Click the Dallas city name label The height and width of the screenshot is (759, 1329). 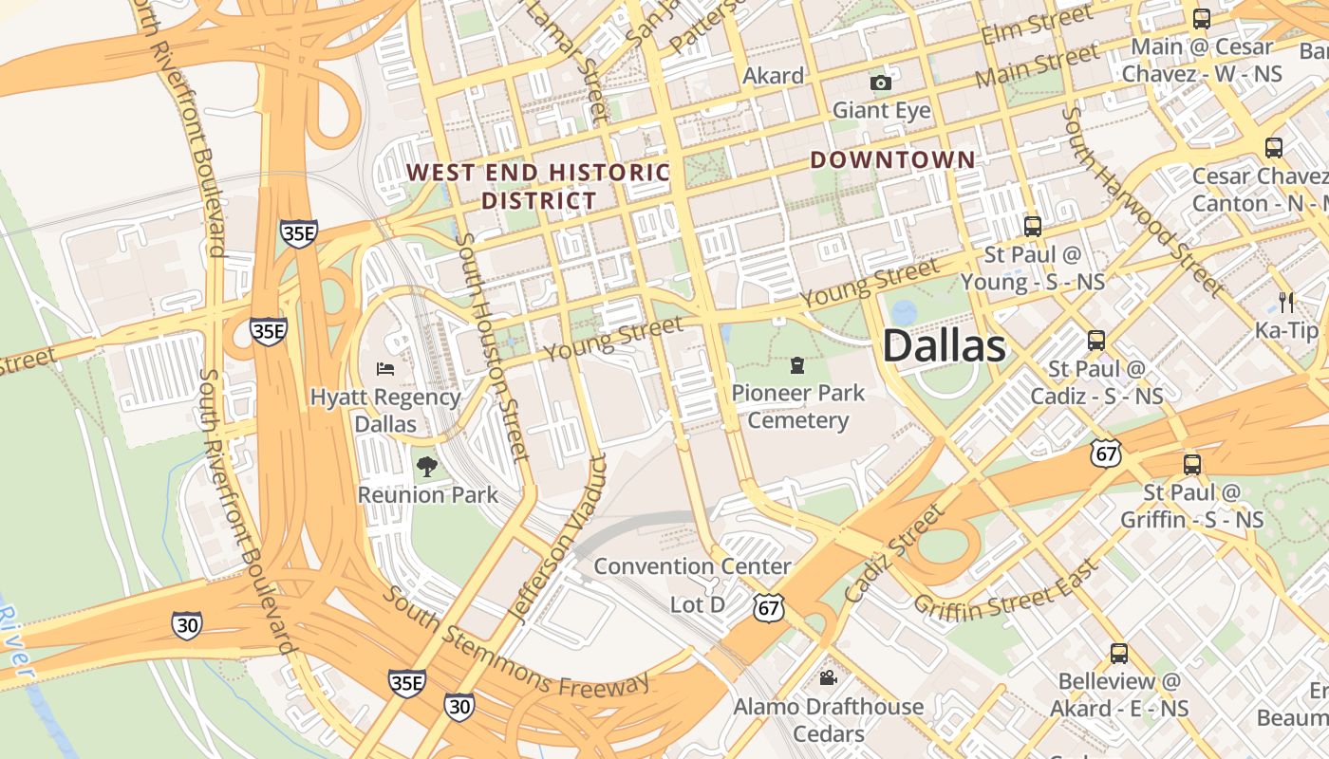pyautogui.click(x=944, y=346)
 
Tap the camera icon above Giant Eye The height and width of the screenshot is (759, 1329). pyautogui.click(x=881, y=83)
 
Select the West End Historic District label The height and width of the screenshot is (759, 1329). pyautogui.click(x=538, y=186)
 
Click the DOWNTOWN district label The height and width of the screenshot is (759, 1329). pyautogui.click(x=892, y=160)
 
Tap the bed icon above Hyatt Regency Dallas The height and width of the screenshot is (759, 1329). pyautogui.click(x=384, y=368)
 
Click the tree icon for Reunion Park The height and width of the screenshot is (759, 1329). pyautogui.click(x=427, y=466)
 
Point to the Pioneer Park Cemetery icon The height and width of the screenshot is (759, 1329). pyautogui.click(x=797, y=364)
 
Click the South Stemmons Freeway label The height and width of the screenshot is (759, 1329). pyautogui.click(x=517, y=641)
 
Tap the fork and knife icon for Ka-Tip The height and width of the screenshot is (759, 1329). pyautogui.click(x=1286, y=303)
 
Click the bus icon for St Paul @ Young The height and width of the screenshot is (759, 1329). pyautogui.click(x=1033, y=226)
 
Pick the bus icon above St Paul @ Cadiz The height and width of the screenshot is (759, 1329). pyautogui.click(x=1096, y=340)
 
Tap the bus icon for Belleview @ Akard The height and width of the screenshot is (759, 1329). pyautogui.click(x=1119, y=653)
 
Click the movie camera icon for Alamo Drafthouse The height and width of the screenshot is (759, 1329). pyautogui.click(x=828, y=677)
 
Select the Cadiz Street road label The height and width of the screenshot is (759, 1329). pyautogui.click(x=894, y=553)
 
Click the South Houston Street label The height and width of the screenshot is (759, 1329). pyautogui.click(x=491, y=347)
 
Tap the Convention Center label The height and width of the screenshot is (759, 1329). pyautogui.click(x=692, y=566)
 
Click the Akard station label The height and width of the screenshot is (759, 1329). pyautogui.click(x=773, y=75)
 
